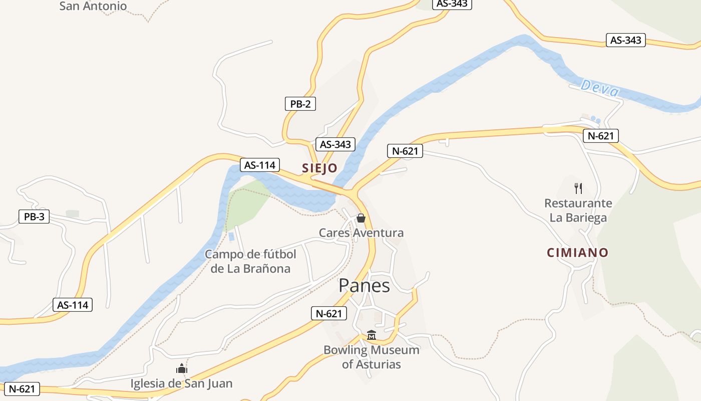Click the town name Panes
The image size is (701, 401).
point(364,285)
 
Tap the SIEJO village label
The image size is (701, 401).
point(319,168)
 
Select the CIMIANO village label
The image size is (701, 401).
point(577,253)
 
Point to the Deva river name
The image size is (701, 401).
point(600,89)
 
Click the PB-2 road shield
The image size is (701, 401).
point(300,104)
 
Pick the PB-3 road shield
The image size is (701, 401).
point(34,217)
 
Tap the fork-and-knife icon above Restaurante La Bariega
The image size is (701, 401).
point(578,188)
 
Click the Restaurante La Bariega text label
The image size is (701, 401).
point(578,211)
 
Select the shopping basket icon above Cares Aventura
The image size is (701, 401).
point(361,218)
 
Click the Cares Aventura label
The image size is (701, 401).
point(361,233)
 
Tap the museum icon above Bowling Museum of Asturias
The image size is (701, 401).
point(371,335)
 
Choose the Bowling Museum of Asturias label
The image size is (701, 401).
point(371,357)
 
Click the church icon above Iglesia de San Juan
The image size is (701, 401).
point(181,369)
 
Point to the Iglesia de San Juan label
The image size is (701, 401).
point(181,384)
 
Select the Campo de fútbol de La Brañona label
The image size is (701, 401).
point(250,261)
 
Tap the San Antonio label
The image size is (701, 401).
point(93,7)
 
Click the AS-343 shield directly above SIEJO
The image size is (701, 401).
point(335,144)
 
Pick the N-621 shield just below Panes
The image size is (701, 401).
point(328,314)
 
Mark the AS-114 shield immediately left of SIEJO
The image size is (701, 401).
point(259,164)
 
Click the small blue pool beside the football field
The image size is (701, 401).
point(231,237)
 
